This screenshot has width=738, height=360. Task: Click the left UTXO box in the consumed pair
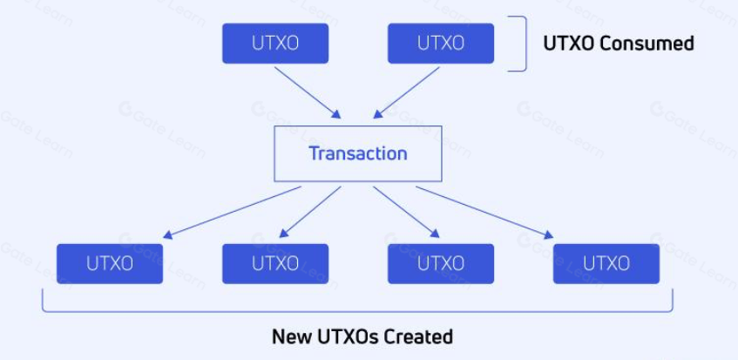coord(275,44)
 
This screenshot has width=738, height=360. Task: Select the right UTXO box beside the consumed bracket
coord(440,44)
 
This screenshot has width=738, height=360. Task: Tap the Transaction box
coord(357,153)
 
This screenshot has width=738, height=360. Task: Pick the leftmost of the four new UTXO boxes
coord(110,263)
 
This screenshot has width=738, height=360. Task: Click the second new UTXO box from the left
coord(275,263)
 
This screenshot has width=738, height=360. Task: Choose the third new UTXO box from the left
coord(440,263)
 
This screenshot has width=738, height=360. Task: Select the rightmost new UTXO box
coord(606,263)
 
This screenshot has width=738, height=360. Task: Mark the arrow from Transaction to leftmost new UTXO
coord(232,211)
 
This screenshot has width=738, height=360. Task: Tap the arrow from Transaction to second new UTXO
coord(310,211)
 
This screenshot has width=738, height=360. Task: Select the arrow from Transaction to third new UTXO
coord(408,211)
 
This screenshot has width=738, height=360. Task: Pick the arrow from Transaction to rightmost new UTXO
coord(484,211)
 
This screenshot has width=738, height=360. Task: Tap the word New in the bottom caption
coord(291,336)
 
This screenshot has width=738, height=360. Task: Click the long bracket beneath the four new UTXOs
coord(357,310)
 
